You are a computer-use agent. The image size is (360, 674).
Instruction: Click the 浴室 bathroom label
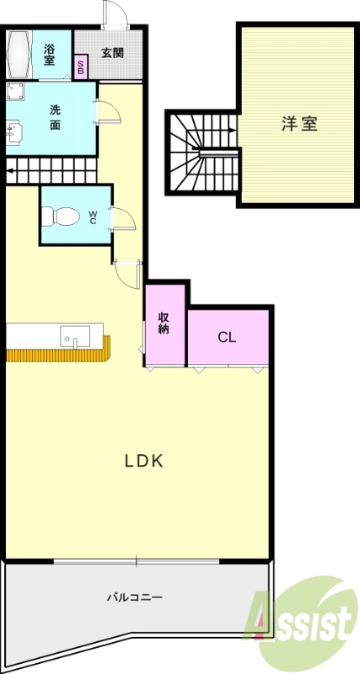(50, 55)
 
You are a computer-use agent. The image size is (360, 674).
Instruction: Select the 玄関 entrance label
(113, 52)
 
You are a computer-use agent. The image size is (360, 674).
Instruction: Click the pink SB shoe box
(81, 68)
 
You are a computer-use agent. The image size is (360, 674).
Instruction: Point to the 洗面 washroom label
(55, 117)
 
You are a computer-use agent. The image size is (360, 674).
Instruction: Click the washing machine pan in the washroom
(15, 92)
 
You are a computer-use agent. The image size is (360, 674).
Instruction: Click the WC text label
(93, 217)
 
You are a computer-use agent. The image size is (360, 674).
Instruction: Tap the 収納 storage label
(164, 324)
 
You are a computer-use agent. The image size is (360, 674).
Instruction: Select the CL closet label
(226, 337)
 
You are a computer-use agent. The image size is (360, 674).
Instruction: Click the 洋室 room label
(298, 124)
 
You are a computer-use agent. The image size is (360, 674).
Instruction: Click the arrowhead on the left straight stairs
(9, 175)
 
